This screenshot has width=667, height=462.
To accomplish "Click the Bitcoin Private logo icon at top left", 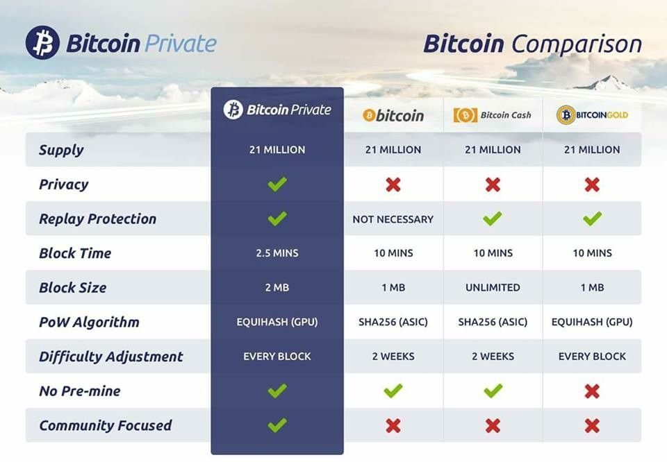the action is (42, 42).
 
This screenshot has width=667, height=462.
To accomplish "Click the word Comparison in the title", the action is (577, 44).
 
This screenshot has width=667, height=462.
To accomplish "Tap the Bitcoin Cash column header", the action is (493, 115).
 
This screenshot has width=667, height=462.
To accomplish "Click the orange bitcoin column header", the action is (393, 115).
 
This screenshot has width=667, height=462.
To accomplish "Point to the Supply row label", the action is (61, 150).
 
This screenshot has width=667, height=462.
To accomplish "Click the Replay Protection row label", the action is (98, 219).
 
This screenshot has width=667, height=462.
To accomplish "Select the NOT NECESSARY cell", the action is (393, 219).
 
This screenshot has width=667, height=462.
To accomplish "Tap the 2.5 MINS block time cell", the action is (277, 253).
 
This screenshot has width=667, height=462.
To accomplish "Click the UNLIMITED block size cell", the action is (493, 287).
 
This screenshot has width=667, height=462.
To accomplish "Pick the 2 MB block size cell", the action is (277, 287).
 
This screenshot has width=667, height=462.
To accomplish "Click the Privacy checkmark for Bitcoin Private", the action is (277, 184).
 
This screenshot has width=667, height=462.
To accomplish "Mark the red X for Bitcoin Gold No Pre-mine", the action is (592, 391).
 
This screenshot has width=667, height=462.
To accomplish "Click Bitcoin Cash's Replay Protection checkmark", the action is (493, 219).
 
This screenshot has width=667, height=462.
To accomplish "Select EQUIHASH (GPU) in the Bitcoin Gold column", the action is (592, 322).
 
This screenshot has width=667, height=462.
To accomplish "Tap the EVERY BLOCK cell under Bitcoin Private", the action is (277, 357).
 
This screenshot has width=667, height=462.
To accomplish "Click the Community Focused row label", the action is (106, 425).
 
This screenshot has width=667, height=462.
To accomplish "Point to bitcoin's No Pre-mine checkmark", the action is (393, 391).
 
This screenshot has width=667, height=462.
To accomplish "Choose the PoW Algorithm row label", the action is (90, 323).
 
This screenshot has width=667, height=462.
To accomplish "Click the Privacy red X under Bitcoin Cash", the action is (493, 185).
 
